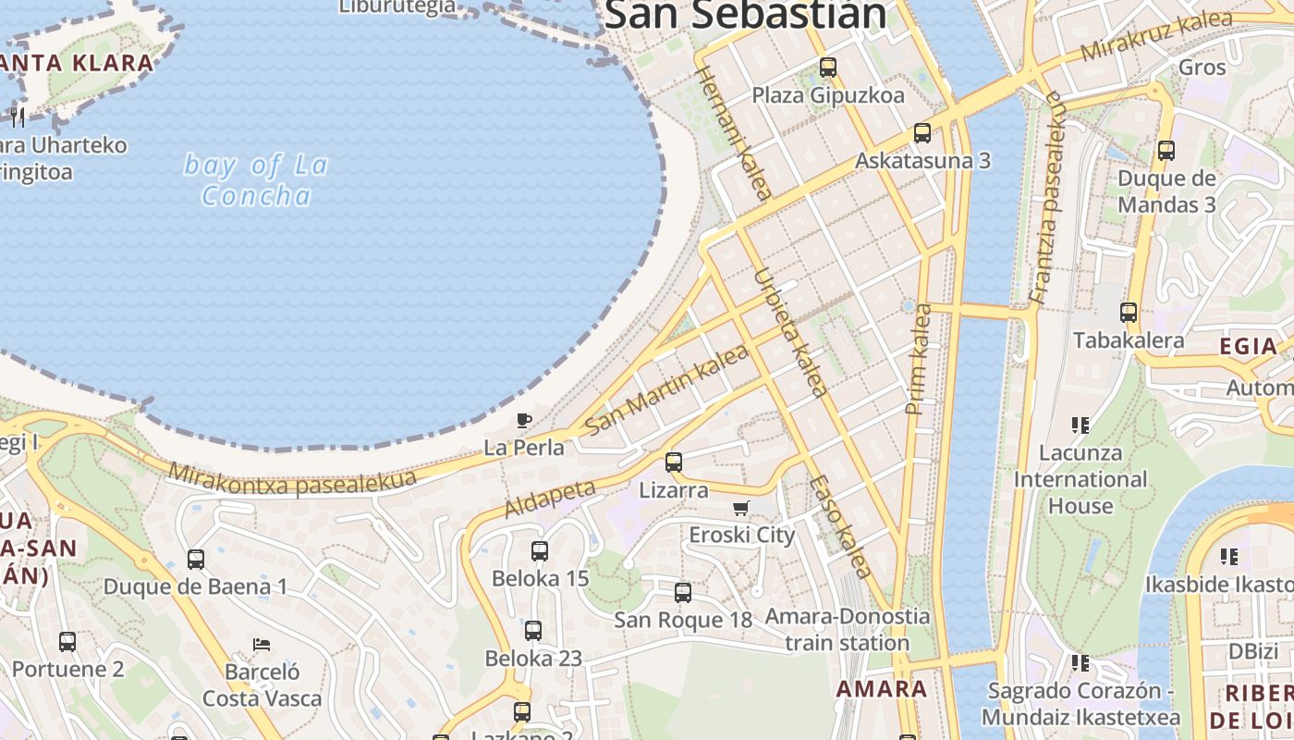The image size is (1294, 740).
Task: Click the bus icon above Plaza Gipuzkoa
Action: coord(827,68)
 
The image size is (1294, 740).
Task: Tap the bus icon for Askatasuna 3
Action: coord(922,133)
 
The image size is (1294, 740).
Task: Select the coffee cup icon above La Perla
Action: coord(524,421)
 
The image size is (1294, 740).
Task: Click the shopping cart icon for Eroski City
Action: coord(740,508)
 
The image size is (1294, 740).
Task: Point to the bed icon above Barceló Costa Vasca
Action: coord(262,644)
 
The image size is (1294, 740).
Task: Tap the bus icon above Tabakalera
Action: coord(1128,313)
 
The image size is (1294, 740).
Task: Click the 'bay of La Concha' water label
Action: coord(256,180)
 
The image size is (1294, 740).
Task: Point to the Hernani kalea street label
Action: coord(732,132)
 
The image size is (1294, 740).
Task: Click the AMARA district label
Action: coord(882,688)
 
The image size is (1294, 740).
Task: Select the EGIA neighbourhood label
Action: coord(1248,346)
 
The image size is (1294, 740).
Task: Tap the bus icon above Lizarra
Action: coord(674,462)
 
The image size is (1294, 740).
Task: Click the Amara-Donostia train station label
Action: coord(848,629)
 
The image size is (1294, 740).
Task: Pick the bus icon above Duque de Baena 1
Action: coord(195,560)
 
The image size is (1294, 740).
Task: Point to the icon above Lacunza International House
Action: coord(1080,425)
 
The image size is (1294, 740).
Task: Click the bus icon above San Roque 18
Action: coord(683,593)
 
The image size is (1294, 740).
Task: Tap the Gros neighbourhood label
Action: coord(1202,67)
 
